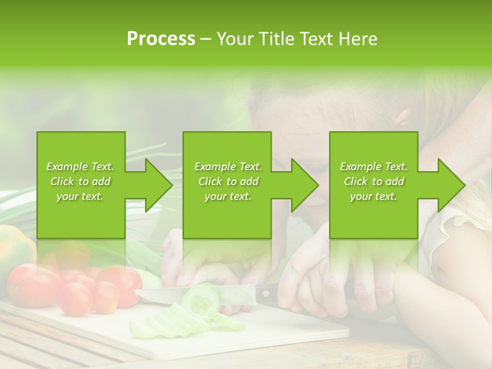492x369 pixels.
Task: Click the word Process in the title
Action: (x=161, y=39)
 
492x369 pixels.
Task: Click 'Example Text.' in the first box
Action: (x=80, y=167)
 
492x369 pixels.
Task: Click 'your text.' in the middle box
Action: (x=228, y=196)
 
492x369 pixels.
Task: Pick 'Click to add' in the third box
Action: (x=374, y=181)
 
